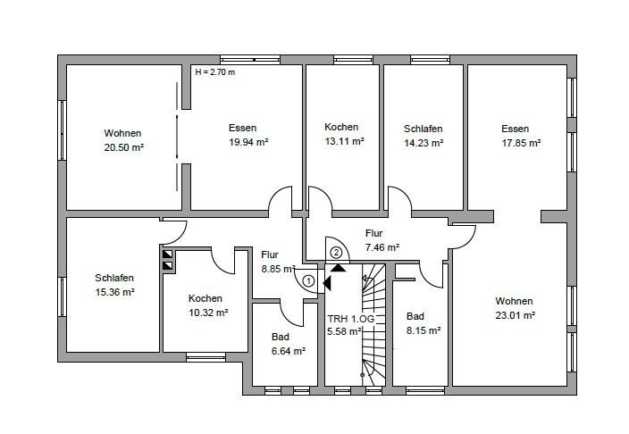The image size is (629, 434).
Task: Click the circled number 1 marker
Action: (308, 280)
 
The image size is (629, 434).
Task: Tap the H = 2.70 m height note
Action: (214, 72)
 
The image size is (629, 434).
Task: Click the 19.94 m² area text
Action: (248, 141)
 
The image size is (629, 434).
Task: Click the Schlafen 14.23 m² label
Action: (423, 135)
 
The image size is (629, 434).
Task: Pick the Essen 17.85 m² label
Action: (520, 135)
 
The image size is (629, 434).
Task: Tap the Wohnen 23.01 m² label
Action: (515, 308)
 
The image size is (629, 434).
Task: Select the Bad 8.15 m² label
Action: (422, 323)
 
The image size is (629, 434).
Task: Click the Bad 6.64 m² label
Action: (286, 344)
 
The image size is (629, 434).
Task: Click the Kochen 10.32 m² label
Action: (205, 305)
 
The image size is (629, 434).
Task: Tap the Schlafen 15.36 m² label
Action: (114, 285)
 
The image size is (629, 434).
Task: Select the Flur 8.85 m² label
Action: (271, 261)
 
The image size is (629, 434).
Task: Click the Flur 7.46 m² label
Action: (381, 240)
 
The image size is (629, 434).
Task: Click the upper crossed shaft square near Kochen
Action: (167, 254)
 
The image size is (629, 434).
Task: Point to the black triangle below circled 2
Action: (338, 266)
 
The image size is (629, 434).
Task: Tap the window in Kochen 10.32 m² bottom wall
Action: (205, 357)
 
